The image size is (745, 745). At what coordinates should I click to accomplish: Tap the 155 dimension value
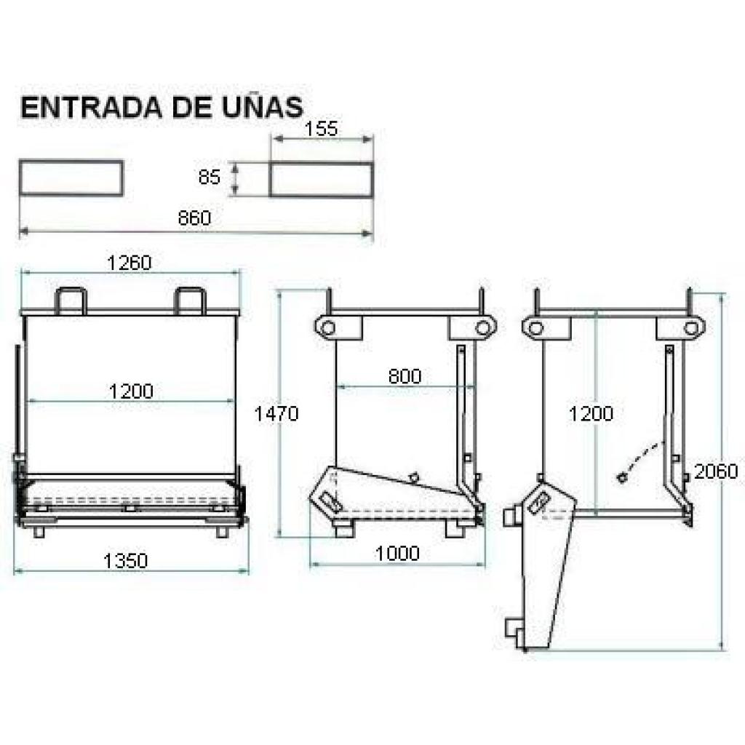(321, 129)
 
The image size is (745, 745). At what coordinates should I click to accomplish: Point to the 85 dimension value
(209, 178)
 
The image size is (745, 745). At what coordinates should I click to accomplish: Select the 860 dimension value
(194, 218)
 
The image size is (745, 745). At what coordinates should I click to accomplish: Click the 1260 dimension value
(130, 262)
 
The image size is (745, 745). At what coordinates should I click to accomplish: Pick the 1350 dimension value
(126, 561)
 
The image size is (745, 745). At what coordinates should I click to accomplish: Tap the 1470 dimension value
(276, 413)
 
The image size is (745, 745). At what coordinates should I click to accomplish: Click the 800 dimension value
(405, 376)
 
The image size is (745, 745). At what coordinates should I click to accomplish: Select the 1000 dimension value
(397, 553)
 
